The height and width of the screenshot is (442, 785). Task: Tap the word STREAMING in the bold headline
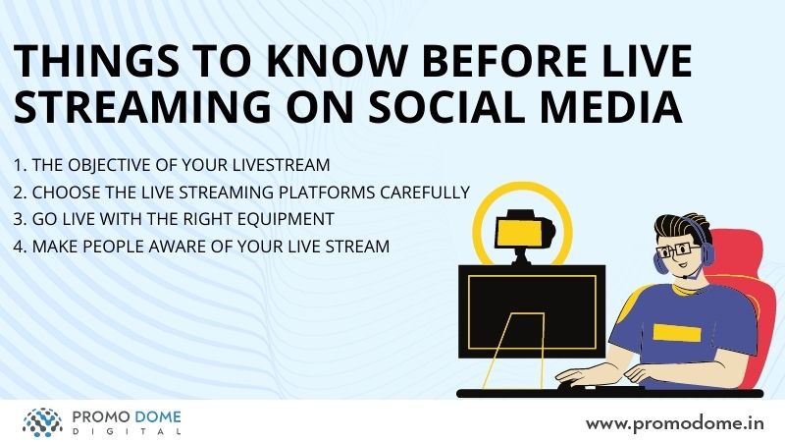click(x=142, y=106)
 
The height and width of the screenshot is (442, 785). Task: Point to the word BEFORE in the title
click(x=504, y=61)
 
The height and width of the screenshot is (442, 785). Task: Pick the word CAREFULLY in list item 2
click(x=425, y=192)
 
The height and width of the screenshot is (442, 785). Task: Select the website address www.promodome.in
click(x=675, y=423)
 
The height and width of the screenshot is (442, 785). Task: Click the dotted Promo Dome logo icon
click(x=42, y=422)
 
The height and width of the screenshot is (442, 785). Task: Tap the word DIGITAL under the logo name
click(x=127, y=431)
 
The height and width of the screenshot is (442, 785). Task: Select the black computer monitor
click(x=532, y=311)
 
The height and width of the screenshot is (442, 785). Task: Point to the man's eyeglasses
click(x=678, y=249)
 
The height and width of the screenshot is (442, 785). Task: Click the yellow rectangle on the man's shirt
click(x=677, y=333)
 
